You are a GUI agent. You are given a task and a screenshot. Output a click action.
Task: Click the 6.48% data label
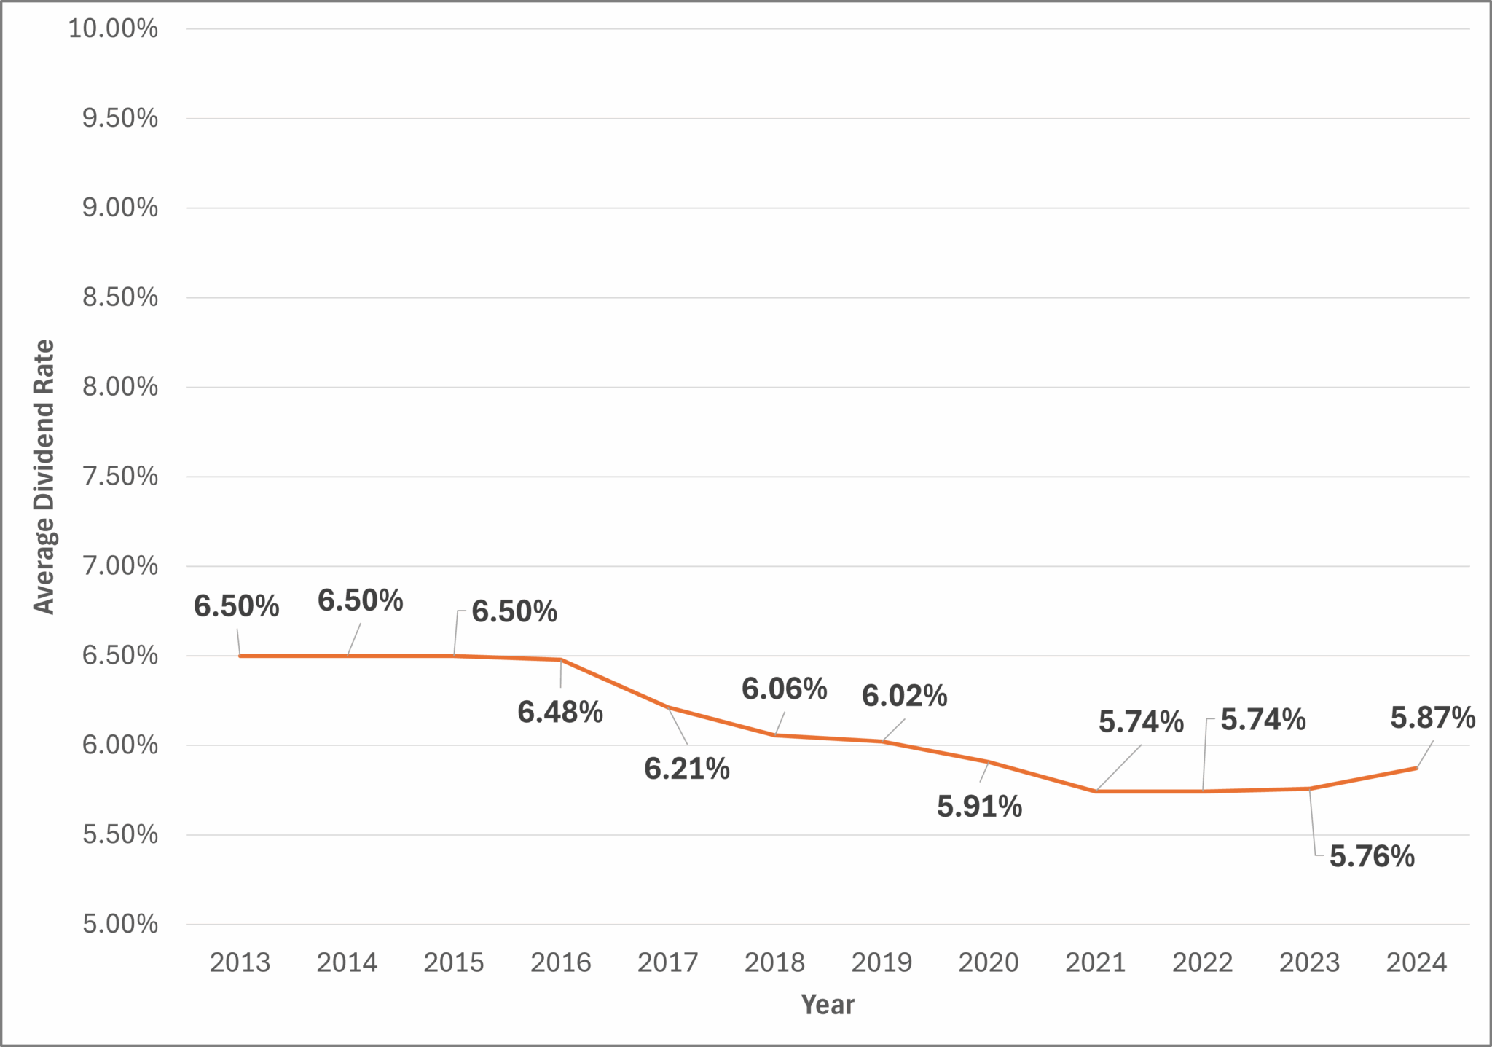tap(560, 713)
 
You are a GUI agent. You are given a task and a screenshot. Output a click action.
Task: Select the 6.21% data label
tap(686, 769)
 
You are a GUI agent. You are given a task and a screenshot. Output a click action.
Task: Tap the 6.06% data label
tap(784, 689)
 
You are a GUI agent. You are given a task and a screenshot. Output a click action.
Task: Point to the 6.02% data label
tap(904, 697)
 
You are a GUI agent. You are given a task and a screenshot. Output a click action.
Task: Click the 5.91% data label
tap(979, 807)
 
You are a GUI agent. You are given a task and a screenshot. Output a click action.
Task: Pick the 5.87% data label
tap(1432, 718)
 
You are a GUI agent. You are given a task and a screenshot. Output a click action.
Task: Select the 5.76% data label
tap(1372, 857)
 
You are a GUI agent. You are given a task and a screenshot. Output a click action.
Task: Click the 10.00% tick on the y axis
tap(113, 29)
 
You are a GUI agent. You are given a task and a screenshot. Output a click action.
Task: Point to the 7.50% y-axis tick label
tap(119, 477)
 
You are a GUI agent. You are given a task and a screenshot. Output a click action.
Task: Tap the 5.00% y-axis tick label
tap(119, 924)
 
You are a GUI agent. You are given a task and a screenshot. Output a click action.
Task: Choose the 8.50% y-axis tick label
tap(119, 297)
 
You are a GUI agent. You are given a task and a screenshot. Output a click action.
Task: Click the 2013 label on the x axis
tap(240, 963)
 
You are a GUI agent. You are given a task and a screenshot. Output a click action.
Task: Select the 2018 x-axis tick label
tap(774, 963)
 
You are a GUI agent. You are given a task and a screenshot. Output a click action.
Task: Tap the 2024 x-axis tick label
tap(1416, 963)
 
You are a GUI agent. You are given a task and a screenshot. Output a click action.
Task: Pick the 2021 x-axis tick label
tap(1095, 963)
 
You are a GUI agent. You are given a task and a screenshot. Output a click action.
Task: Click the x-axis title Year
tap(827, 1005)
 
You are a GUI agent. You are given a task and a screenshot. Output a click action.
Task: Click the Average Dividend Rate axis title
tap(44, 477)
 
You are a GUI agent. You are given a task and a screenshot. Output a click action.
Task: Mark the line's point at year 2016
tap(560, 659)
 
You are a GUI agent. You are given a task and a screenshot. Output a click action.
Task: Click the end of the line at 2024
tap(1416, 768)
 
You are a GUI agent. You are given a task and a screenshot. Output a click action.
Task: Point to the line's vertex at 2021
tap(1095, 791)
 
